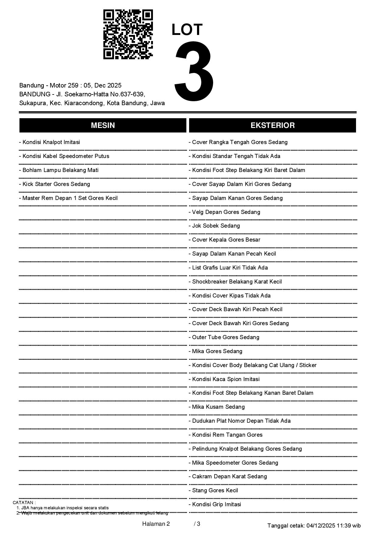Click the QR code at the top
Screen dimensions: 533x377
(128, 34)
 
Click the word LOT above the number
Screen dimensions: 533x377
(187, 30)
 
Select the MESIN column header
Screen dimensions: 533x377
(103, 125)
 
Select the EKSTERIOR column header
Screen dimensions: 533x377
(272, 125)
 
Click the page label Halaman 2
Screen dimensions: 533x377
(156, 524)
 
